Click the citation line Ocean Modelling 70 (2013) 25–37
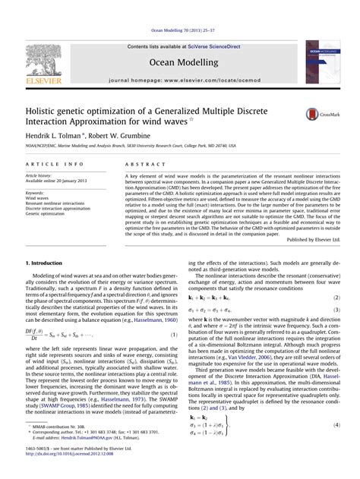pyautogui.click(x=180, y=31)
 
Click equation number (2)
pyautogui.click(x=336, y=298)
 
